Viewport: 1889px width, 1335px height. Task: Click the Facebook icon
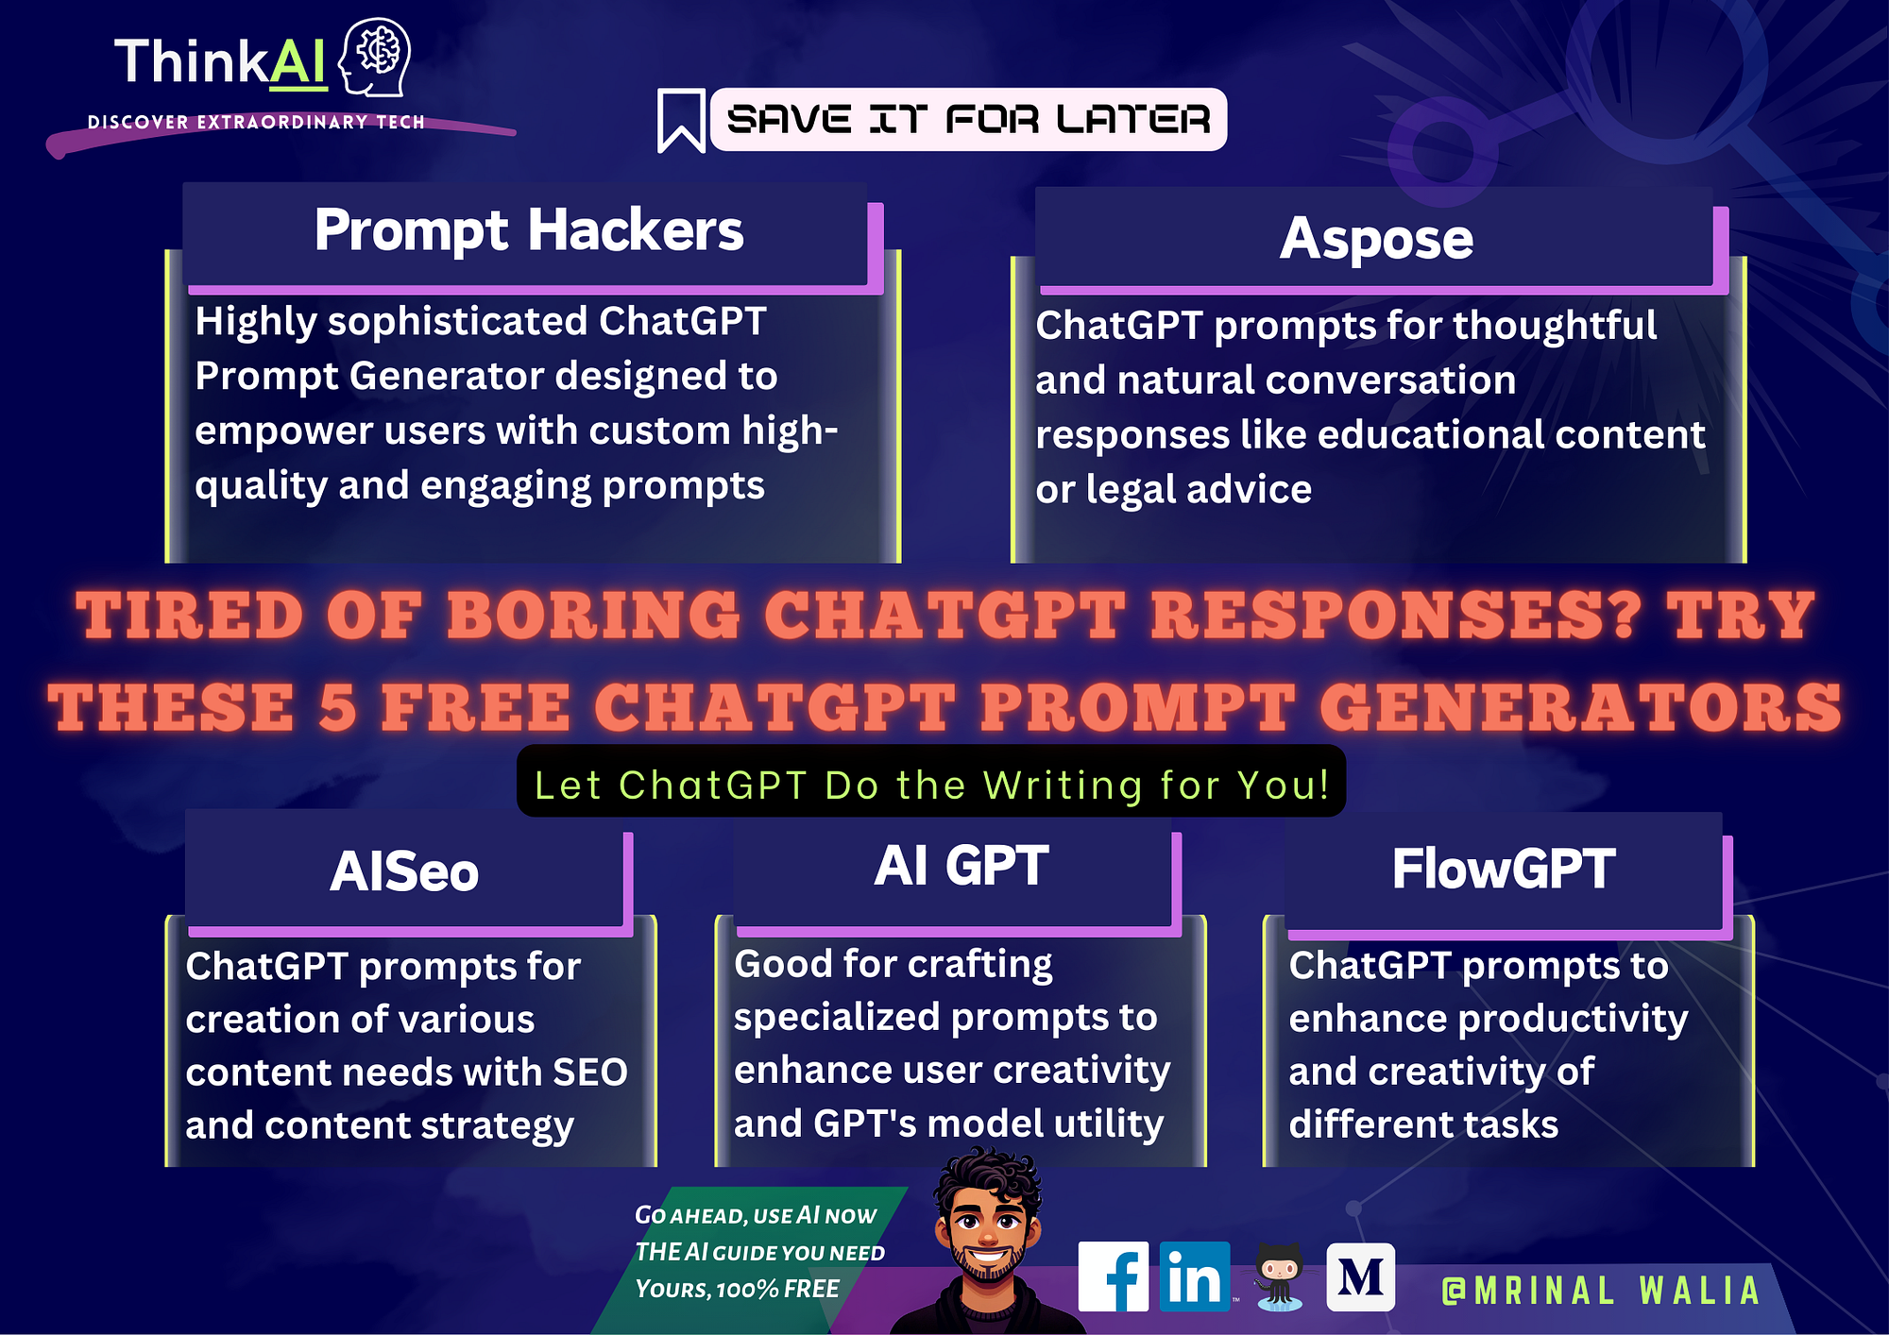pos(1113,1276)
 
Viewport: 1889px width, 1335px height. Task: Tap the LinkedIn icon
pos(1195,1276)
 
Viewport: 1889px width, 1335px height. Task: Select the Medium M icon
pos(1360,1277)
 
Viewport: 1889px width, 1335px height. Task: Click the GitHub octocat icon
pos(1279,1276)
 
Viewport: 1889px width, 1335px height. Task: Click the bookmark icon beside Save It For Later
pos(681,121)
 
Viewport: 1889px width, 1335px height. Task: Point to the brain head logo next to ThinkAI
pos(375,58)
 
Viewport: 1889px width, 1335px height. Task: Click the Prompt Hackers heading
pos(529,230)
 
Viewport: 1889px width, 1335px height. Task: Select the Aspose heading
pos(1376,238)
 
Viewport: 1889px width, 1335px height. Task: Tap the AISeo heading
pos(404,870)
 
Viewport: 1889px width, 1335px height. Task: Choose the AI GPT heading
pos(962,865)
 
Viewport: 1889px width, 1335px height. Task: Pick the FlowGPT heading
pos(1504,869)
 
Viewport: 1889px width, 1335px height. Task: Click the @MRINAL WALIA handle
pos(1601,1291)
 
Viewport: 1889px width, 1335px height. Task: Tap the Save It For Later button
pos(968,120)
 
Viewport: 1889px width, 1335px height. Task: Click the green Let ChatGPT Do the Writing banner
pos(931,782)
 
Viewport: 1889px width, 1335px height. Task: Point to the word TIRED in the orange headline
pos(189,616)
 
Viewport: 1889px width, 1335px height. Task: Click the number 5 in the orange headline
pos(337,707)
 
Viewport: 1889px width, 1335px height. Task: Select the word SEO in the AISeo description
pos(590,1072)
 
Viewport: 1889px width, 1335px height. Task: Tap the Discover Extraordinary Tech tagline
pos(256,122)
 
